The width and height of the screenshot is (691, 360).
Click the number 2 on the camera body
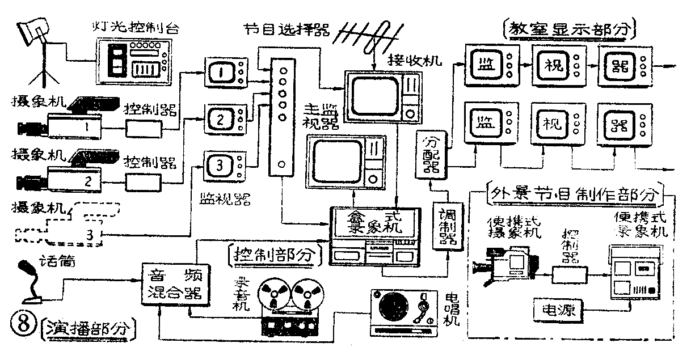coord(87,181)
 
